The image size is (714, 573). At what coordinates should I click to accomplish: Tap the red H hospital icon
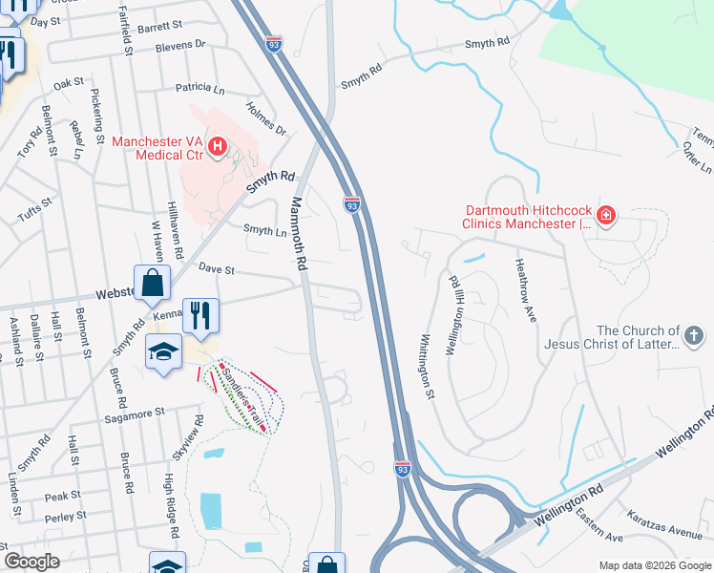(218, 147)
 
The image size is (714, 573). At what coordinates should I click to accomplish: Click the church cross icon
(694, 336)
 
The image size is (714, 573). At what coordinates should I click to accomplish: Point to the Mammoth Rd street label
(299, 233)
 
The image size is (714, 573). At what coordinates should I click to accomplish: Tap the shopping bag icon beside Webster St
(152, 283)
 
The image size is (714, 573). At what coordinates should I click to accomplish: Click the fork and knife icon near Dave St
(201, 315)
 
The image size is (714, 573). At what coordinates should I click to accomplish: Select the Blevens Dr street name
(179, 44)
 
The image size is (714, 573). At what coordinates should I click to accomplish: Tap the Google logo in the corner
(31, 562)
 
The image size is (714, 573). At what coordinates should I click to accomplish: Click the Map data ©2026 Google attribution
(654, 565)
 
